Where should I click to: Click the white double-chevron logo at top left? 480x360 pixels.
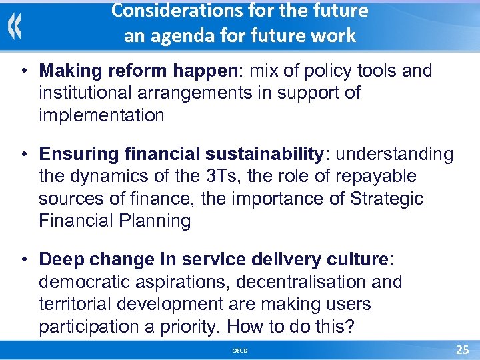pyautogui.click(x=15, y=27)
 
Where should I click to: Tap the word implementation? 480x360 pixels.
pyautogui.click(x=101, y=115)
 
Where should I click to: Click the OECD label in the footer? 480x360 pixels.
pyautogui.click(x=239, y=351)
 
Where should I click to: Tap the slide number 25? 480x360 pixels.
pyautogui.click(x=462, y=350)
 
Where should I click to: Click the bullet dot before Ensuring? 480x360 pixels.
pyautogui.click(x=23, y=155)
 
